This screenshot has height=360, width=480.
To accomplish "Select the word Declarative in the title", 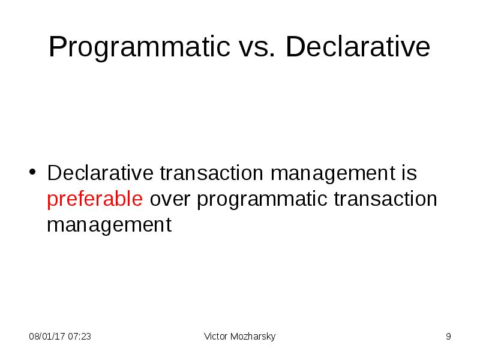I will (x=358, y=48).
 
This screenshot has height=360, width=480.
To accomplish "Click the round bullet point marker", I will (x=34, y=174).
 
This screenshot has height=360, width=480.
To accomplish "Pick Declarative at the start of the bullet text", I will (x=101, y=173).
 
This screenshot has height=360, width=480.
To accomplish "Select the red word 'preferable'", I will (x=95, y=199).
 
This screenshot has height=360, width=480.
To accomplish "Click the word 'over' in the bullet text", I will (x=170, y=199).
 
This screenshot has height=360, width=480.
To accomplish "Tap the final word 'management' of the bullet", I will (x=109, y=226).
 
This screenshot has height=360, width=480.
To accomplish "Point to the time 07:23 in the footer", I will (x=80, y=337).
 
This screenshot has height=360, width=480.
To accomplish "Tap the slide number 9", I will (x=448, y=337).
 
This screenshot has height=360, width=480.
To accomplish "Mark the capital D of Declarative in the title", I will (x=294, y=48).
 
